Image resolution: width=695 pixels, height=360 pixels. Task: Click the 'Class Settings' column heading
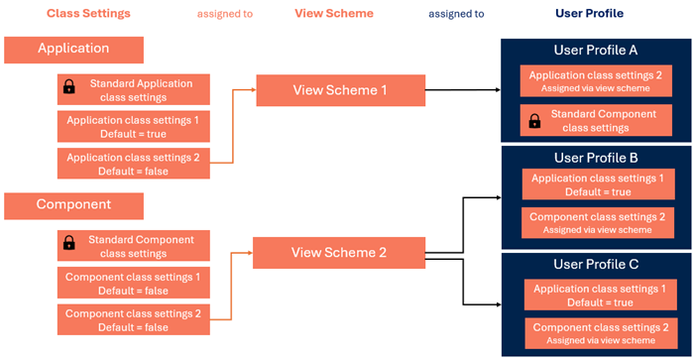[88, 14]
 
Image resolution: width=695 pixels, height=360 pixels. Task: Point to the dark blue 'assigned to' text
[456, 15]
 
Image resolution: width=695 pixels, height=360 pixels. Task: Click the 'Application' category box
[73, 49]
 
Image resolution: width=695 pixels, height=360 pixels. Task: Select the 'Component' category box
[73, 205]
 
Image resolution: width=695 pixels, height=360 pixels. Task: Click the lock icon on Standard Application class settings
[68, 89]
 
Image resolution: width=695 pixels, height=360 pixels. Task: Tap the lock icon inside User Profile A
[534, 121]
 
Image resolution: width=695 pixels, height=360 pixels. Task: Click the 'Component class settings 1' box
[133, 284]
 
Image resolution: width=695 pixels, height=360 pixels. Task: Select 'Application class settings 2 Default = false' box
[133, 164]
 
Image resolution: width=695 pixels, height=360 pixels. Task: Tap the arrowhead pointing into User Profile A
[497, 90]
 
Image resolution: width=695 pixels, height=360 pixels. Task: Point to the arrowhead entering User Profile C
[497, 303]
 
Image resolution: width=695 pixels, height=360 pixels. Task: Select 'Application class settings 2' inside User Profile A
[596, 81]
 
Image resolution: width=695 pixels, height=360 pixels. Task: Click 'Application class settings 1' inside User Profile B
[598, 185]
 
